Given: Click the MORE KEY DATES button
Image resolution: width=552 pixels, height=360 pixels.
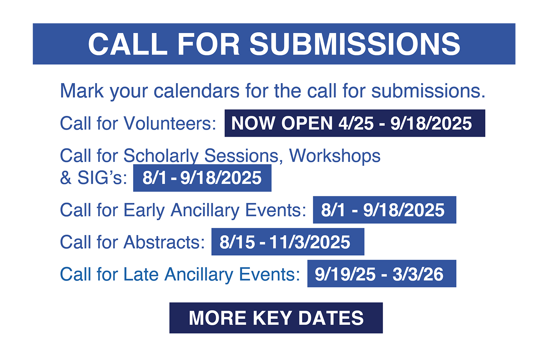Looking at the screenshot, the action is click(x=276, y=318).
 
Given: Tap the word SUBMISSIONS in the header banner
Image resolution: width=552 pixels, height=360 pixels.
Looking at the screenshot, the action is click(x=355, y=44).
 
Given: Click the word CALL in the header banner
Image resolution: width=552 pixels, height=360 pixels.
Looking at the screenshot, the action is click(x=128, y=44).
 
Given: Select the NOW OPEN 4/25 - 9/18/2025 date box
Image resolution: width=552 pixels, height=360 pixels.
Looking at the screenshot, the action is click(x=355, y=123).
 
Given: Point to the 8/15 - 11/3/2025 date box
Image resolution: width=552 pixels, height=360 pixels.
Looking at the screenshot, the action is click(x=288, y=242).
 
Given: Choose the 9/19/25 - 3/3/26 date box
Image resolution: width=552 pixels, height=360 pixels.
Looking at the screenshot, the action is click(x=382, y=274).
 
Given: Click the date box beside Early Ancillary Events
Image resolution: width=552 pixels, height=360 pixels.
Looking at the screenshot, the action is click(x=385, y=210).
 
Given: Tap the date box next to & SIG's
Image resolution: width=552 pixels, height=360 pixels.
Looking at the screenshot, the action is click(x=202, y=178).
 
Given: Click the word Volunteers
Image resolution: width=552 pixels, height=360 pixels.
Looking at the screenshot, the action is click(x=170, y=123).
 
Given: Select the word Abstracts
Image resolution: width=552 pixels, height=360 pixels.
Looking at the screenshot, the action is click(x=164, y=242).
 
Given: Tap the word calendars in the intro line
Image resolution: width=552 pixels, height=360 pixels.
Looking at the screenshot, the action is click(x=197, y=91).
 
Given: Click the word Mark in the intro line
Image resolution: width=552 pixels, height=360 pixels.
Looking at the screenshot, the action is click(x=82, y=91).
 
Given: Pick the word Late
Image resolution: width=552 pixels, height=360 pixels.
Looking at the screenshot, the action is click(x=141, y=274).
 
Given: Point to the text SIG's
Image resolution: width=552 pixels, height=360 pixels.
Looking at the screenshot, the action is click(x=102, y=178).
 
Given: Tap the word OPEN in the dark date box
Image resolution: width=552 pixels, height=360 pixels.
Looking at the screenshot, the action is click(x=307, y=123).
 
